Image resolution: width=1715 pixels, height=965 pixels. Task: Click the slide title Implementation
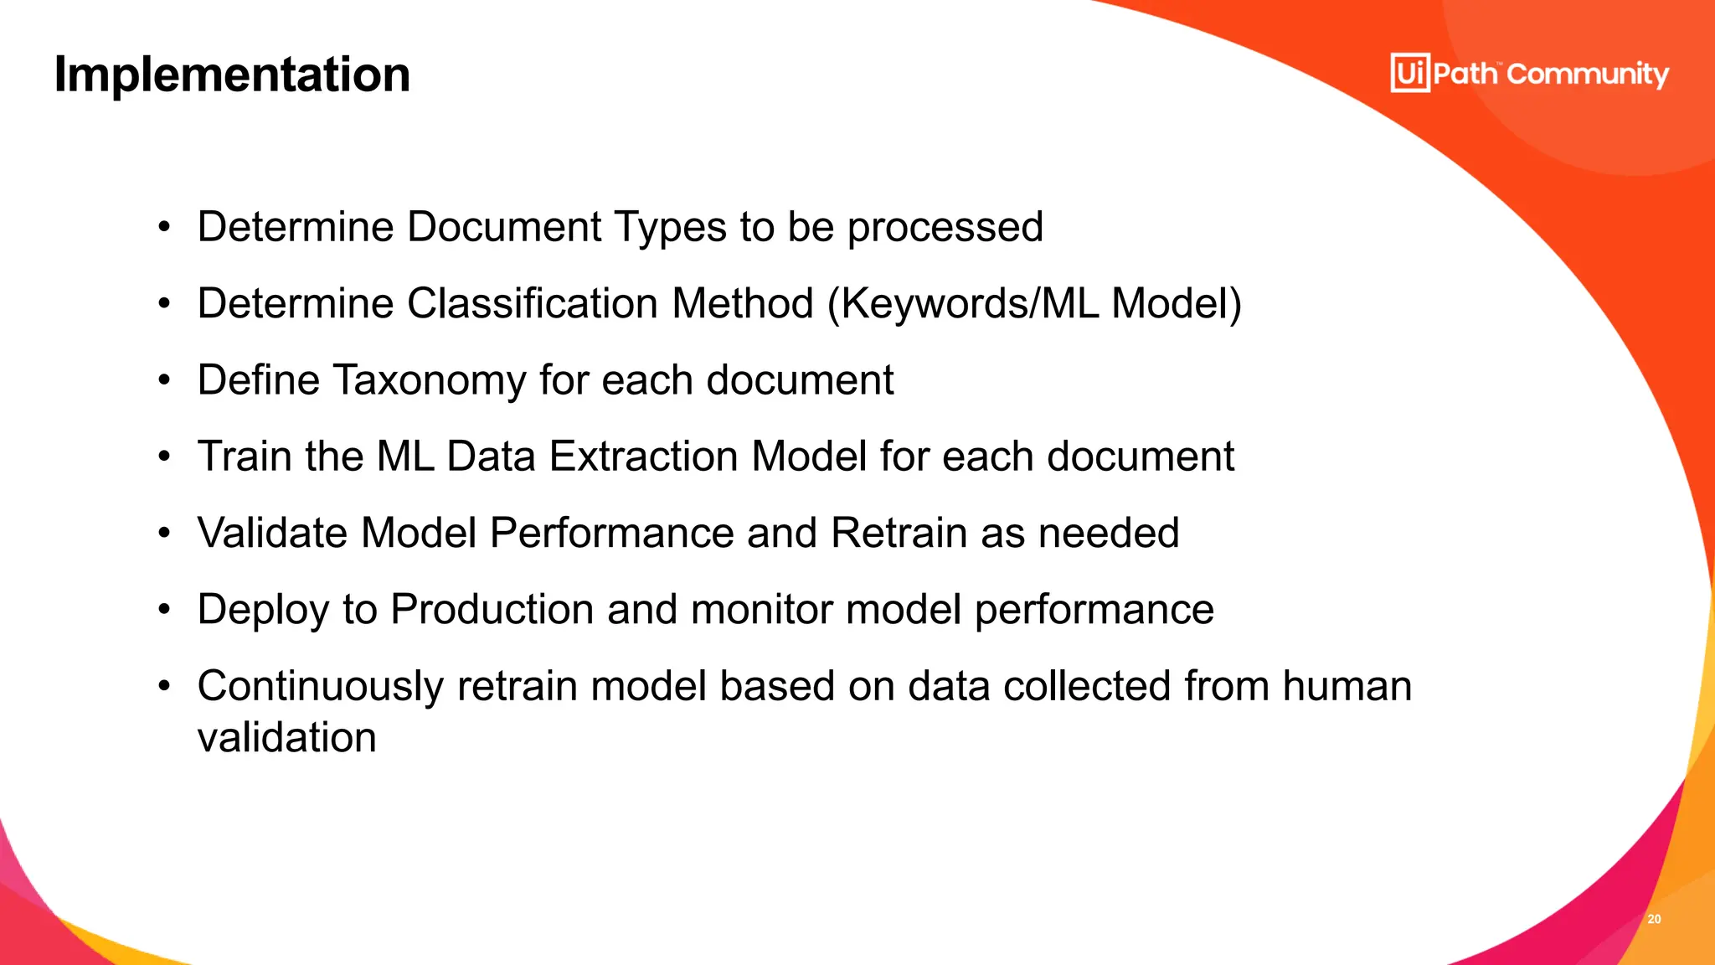232,75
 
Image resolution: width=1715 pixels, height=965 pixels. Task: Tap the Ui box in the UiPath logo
1410,73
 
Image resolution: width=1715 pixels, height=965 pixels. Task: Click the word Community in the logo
1588,75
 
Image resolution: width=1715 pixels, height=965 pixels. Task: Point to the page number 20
1654,919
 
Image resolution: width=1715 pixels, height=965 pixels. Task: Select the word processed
945,227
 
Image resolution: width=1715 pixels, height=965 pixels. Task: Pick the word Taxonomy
430,380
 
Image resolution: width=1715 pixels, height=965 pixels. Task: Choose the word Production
492,609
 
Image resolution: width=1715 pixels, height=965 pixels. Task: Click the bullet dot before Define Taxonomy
164,381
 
